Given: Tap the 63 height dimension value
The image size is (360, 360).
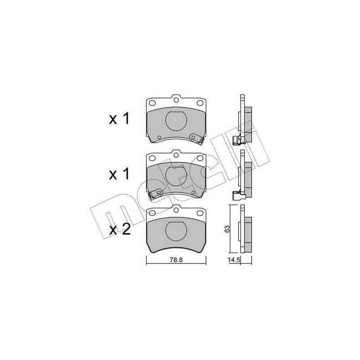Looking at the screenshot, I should coord(228,228).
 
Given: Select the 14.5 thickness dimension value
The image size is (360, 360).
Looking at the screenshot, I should coord(232,260).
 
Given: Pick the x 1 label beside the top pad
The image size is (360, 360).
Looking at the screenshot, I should coord(119,119).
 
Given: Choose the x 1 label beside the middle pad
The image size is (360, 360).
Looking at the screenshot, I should coord(119,174).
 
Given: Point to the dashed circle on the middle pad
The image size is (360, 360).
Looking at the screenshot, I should coord(176,176).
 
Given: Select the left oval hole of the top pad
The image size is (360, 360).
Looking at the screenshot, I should coord(152,103).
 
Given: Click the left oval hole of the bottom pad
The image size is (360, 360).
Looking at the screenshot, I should coord(152,213).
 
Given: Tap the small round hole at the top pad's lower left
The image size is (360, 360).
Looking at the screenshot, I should coord(159,137).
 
